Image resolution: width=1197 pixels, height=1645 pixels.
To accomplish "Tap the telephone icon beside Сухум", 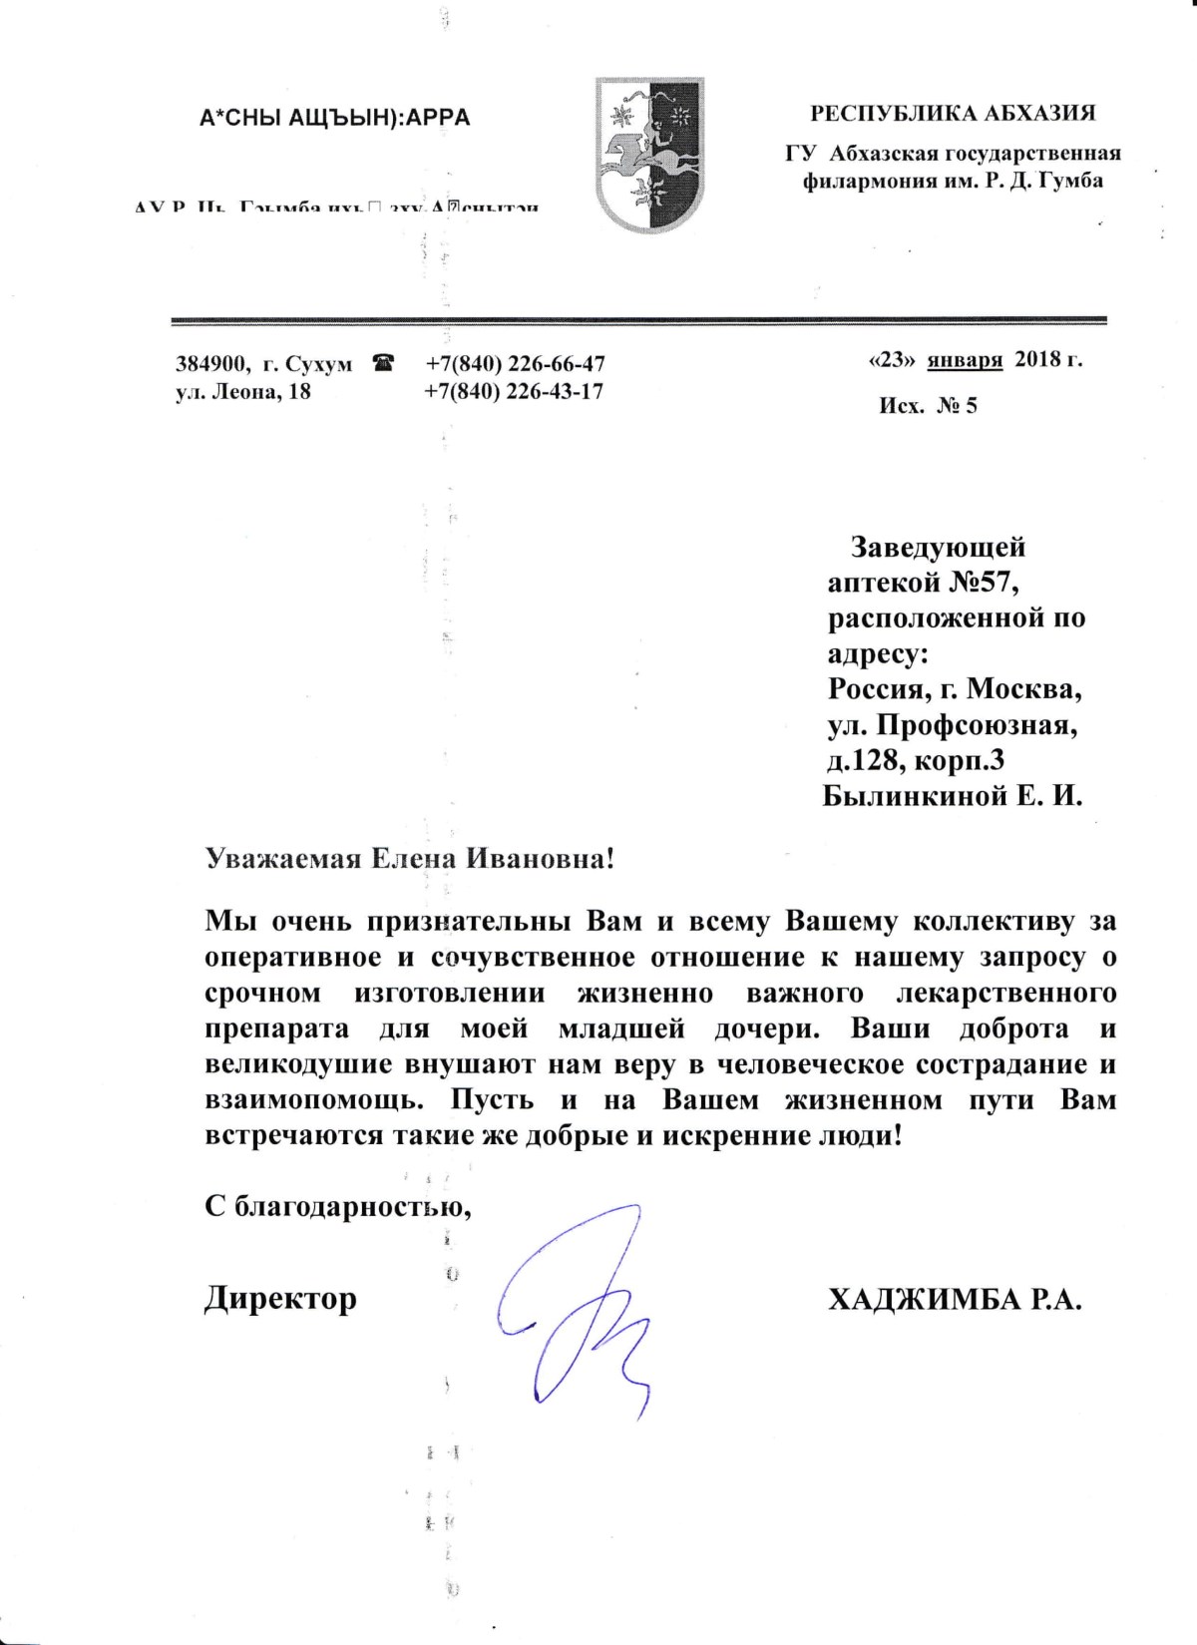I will [383, 362].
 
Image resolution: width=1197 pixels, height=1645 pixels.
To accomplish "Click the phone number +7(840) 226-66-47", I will [515, 364].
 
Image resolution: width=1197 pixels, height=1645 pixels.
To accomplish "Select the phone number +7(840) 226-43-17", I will [515, 391].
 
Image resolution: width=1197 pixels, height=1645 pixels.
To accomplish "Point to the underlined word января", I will [965, 360].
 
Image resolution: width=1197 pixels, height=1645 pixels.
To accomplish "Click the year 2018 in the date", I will [1037, 360].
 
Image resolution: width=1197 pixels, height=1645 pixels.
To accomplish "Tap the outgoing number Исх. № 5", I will [928, 406].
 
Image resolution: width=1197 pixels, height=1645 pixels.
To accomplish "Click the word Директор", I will [280, 1299].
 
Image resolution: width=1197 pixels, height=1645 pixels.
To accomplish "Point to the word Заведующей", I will [937, 547].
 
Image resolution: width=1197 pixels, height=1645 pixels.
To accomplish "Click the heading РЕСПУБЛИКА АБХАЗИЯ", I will [953, 113].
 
